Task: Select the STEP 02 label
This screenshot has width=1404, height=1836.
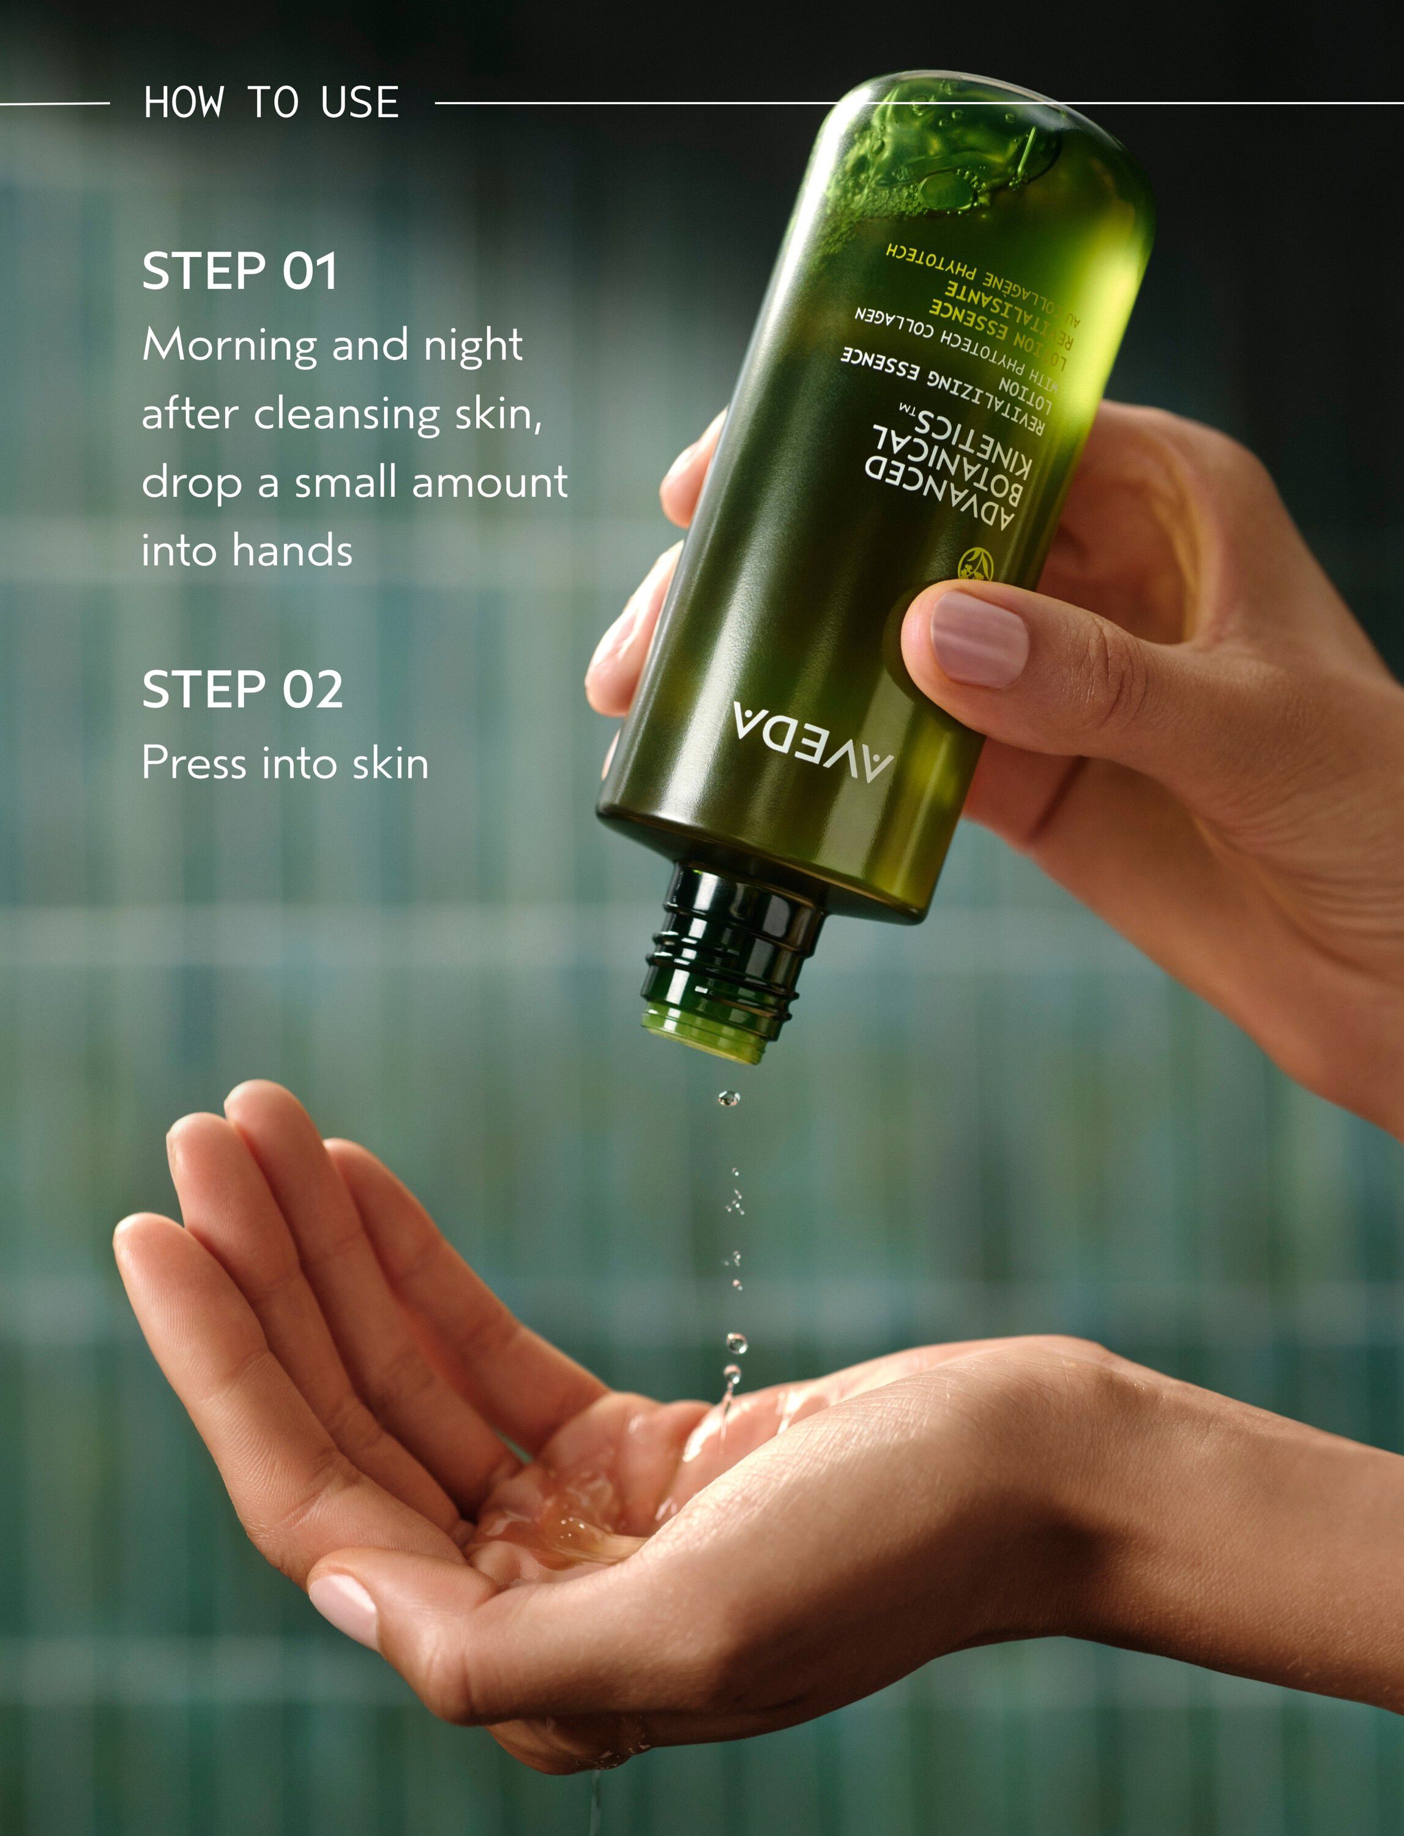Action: click(x=242, y=690)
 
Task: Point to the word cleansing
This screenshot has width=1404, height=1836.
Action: click(x=346, y=414)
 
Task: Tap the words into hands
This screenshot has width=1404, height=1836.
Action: click(x=247, y=551)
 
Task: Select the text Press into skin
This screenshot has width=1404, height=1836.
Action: click(x=285, y=763)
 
